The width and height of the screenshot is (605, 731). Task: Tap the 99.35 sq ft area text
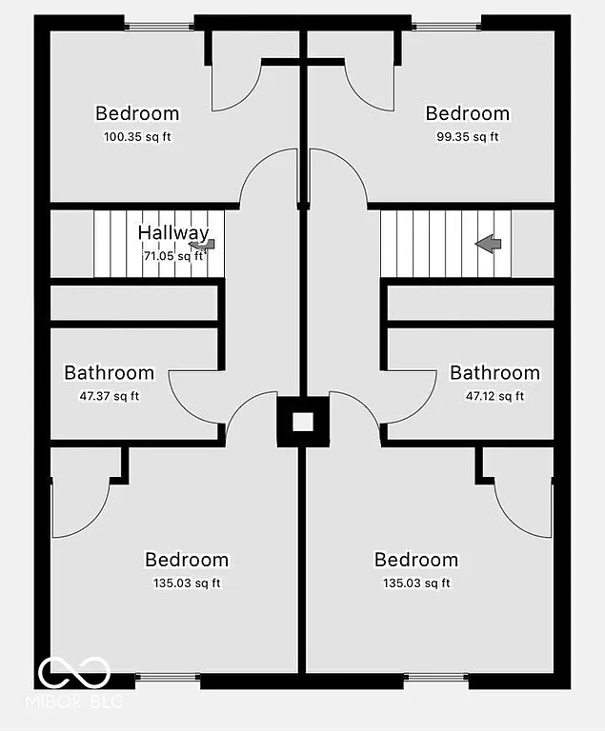coord(467,137)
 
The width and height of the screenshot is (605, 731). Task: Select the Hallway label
coord(172,233)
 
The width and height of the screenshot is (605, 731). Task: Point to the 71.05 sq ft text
coord(172,255)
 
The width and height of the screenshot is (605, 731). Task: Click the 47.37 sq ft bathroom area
coord(108,396)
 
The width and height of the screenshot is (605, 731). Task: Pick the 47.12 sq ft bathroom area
coord(494,396)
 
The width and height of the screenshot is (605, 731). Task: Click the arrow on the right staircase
coord(489,245)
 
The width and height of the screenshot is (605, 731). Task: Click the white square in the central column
coord(302,423)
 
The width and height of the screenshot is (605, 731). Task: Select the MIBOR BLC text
coord(81,703)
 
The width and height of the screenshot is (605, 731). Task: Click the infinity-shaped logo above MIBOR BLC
coord(74,673)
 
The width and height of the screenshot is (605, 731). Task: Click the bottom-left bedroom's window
coord(168,681)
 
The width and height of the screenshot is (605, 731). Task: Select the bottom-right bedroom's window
coord(436,681)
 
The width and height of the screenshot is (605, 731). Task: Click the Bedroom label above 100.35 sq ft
coord(137,114)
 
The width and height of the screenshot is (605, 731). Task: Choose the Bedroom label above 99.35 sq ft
coord(467,114)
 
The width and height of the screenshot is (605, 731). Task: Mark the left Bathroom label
coord(109,372)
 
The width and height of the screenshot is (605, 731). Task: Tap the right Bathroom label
coord(494,372)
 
